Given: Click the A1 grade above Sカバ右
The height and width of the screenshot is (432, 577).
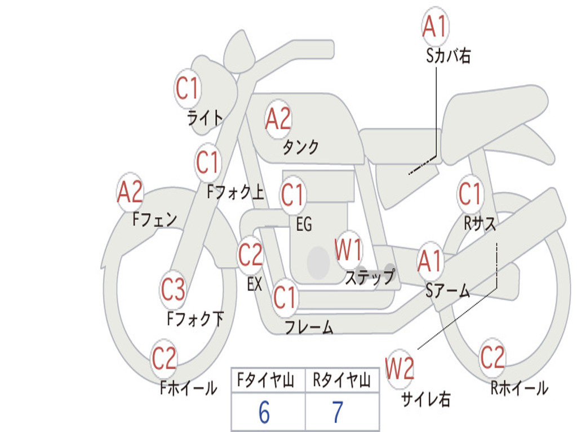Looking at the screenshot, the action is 435,26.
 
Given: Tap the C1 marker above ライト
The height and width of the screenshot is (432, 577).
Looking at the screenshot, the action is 187,88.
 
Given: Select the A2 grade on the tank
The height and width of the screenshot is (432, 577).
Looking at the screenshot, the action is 278,119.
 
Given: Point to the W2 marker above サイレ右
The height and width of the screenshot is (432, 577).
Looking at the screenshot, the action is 400,368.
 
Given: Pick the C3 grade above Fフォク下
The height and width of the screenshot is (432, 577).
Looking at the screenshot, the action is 173,289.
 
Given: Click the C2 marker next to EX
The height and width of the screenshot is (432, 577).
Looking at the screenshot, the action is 251,255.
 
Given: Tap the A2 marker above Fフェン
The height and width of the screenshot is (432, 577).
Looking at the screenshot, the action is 130,191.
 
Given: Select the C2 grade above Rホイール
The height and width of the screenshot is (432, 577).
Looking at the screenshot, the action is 492,357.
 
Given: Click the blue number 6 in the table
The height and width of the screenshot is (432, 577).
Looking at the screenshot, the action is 264,412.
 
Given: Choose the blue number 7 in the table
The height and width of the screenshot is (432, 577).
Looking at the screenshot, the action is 338,412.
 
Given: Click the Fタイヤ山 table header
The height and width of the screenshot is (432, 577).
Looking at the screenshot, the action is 266,380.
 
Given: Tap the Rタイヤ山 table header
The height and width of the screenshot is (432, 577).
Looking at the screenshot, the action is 341,380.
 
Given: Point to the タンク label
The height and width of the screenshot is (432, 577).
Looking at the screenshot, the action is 300,147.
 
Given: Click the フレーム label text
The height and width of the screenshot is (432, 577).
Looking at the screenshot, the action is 309,327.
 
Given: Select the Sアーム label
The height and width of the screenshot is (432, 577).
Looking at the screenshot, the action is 448,290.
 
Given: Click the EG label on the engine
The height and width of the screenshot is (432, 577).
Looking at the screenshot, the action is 304,224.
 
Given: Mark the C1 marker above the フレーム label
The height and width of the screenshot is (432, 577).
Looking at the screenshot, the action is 285,297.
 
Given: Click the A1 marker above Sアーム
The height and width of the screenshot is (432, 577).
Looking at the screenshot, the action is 429,261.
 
